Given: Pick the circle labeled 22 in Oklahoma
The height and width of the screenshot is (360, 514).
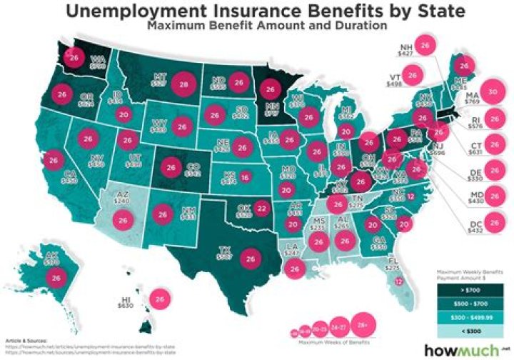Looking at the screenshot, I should [x=262, y=209].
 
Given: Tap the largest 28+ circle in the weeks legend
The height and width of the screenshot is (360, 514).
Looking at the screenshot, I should [x=363, y=325].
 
